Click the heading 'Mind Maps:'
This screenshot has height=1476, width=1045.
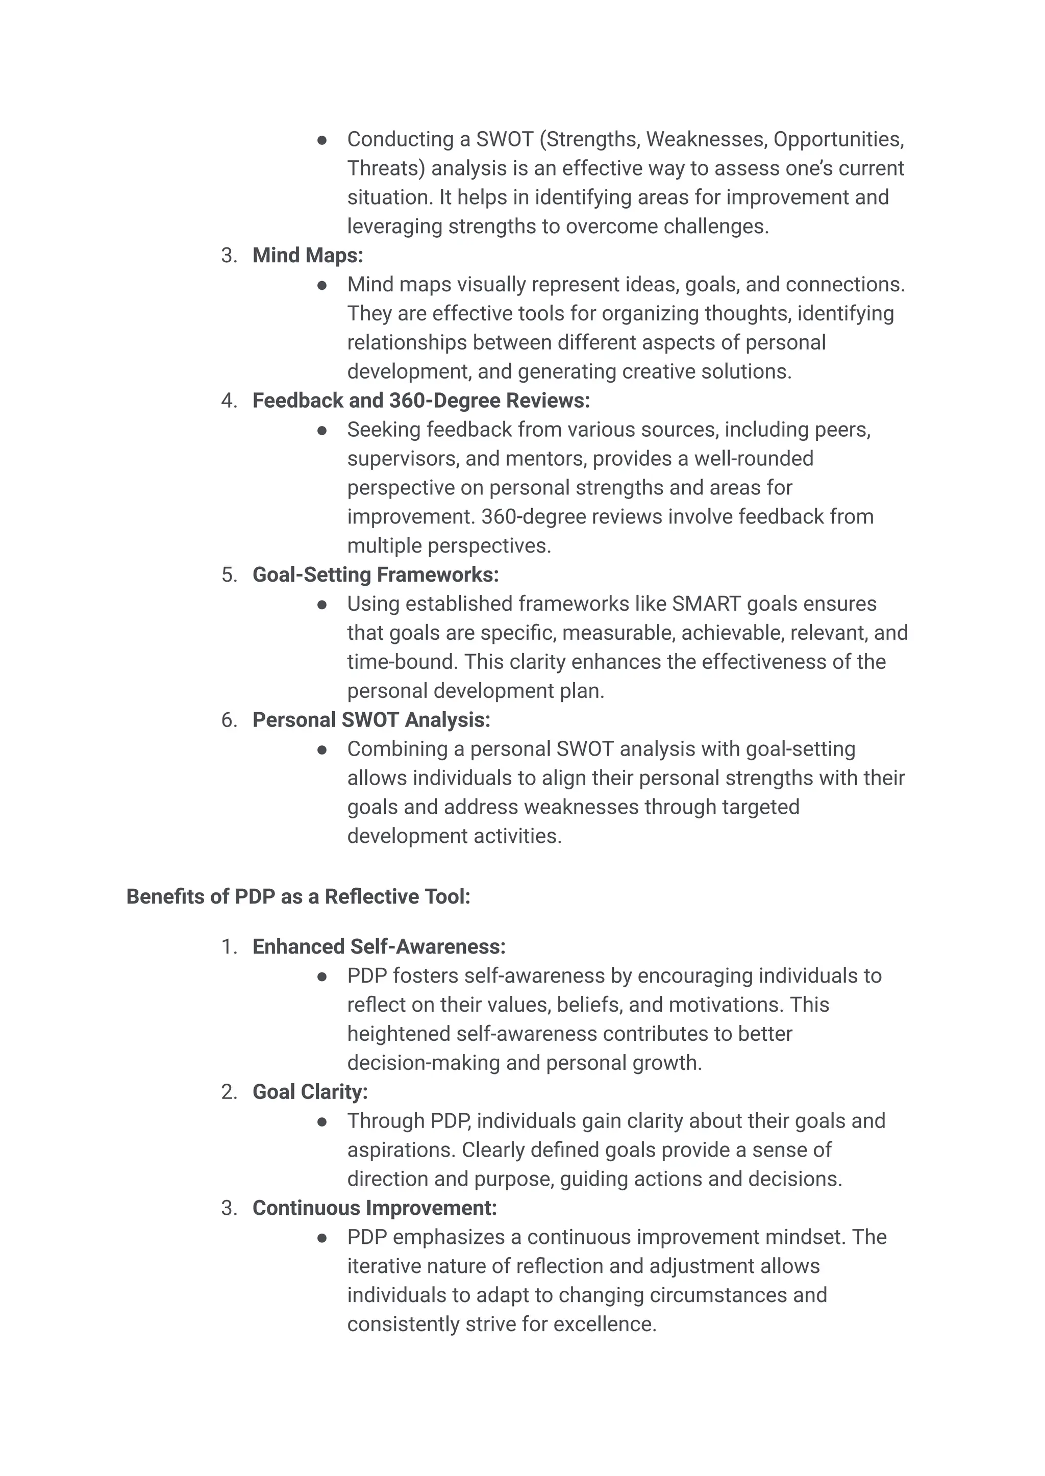pyautogui.click(x=308, y=256)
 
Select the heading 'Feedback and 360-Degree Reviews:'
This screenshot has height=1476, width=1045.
pyautogui.click(x=421, y=401)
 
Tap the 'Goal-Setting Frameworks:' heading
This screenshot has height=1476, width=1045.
pyautogui.click(x=375, y=574)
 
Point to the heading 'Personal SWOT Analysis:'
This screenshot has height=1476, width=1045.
pyautogui.click(x=371, y=720)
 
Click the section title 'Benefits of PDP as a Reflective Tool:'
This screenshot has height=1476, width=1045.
pyautogui.click(x=298, y=897)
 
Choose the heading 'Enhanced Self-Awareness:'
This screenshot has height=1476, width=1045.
pyautogui.click(x=379, y=947)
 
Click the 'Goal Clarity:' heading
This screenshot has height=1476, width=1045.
pyautogui.click(x=310, y=1092)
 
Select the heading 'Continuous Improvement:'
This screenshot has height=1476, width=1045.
pyautogui.click(x=375, y=1208)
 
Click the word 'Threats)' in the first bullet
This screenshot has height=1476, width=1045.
pyautogui.click(x=386, y=168)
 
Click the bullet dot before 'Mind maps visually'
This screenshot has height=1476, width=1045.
pyautogui.click(x=322, y=285)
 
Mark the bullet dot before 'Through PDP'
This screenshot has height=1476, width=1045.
pyautogui.click(x=322, y=1122)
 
